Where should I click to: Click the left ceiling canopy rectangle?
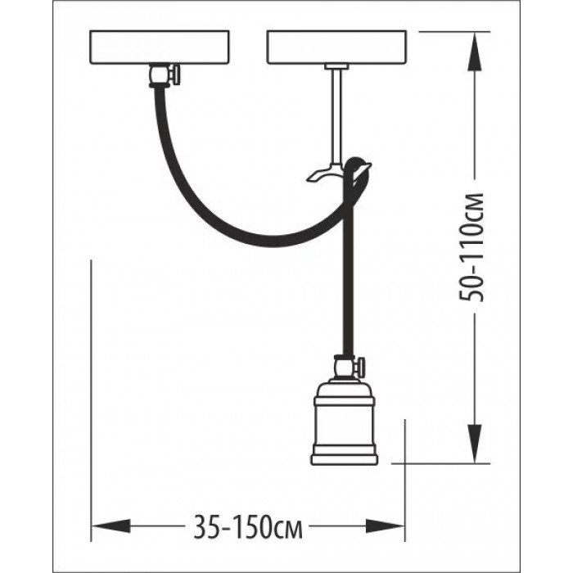[x=160, y=47]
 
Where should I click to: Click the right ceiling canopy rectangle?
[x=336, y=47]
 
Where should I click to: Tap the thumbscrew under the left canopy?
[x=175, y=75]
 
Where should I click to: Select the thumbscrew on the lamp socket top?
[x=361, y=368]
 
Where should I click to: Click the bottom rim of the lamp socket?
[x=344, y=459]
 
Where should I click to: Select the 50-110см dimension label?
[x=471, y=247]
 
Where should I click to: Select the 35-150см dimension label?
[x=248, y=527]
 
